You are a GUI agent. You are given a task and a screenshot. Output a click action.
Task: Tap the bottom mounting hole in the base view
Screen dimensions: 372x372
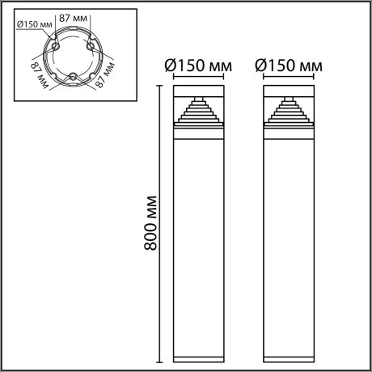tap(73, 77)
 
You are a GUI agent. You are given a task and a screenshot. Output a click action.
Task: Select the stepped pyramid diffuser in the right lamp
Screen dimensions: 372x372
tap(288, 110)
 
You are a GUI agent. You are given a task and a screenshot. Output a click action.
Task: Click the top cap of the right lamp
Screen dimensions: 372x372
tap(288, 87)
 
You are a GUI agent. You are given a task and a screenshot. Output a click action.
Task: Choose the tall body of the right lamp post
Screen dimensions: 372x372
tap(288, 243)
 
